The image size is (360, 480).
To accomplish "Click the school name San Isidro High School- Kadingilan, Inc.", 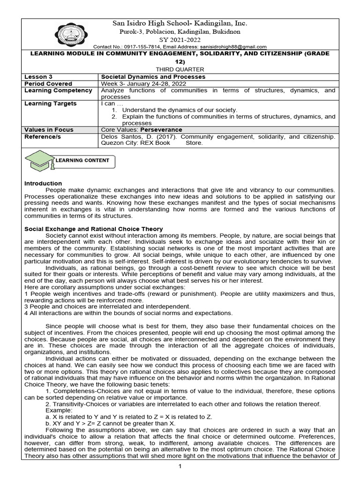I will click(x=180, y=23).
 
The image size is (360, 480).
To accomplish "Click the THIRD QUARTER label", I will click(x=180, y=68).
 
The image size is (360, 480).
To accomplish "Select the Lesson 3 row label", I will click(x=36, y=76).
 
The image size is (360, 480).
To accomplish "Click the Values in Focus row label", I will click(x=49, y=129).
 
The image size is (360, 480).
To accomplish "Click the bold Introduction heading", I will click(x=43, y=183).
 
